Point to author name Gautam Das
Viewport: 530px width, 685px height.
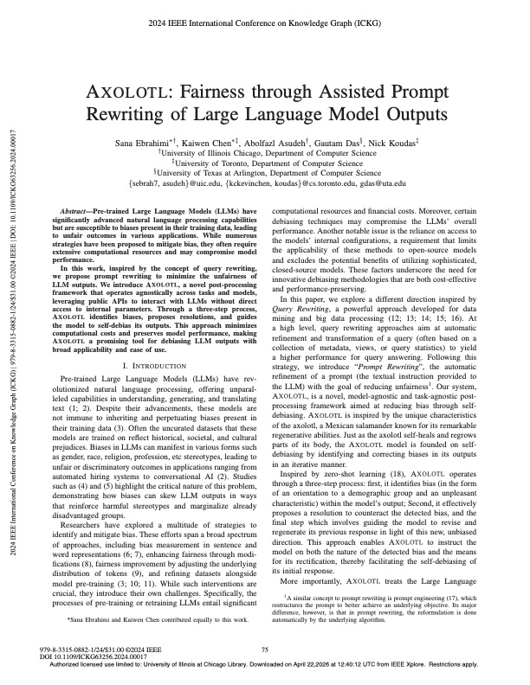point(340,139)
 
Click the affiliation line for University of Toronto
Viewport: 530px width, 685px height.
point(264,161)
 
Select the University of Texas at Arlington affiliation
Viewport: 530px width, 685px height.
point(264,171)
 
